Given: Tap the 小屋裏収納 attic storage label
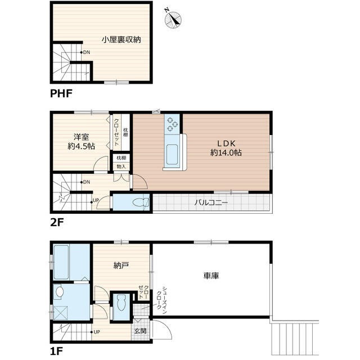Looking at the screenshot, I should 121,39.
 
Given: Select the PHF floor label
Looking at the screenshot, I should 61,93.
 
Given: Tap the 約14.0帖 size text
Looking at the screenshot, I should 226,152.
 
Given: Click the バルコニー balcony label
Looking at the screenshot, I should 211,202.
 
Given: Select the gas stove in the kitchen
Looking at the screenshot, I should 172,123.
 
